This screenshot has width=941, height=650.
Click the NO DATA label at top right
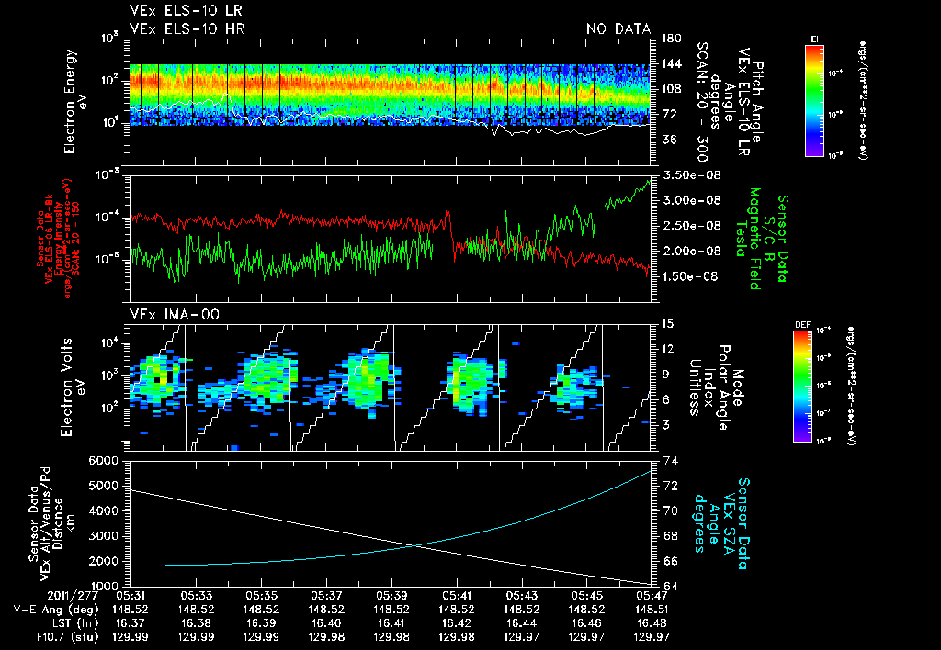[618, 28]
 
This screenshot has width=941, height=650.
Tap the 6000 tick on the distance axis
[108, 460]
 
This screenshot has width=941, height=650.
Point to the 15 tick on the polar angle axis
[666, 324]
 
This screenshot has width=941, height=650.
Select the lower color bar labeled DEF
[801, 387]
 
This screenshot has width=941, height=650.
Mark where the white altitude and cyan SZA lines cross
[418, 546]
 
